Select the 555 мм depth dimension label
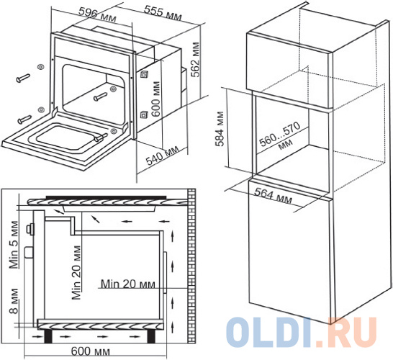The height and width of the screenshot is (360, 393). (x=163, y=12)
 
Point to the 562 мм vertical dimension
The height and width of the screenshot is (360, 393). (x=195, y=60)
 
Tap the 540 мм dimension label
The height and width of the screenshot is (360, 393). (x=163, y=156)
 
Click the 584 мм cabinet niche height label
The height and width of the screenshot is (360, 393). (x=220, y=129)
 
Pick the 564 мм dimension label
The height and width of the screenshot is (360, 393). (x=274, y=196)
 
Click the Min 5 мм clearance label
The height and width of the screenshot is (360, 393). (x=14, y=245)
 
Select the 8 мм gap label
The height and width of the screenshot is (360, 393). (x=14, y=301)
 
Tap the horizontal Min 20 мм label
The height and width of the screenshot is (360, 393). (x=128, y=284)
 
